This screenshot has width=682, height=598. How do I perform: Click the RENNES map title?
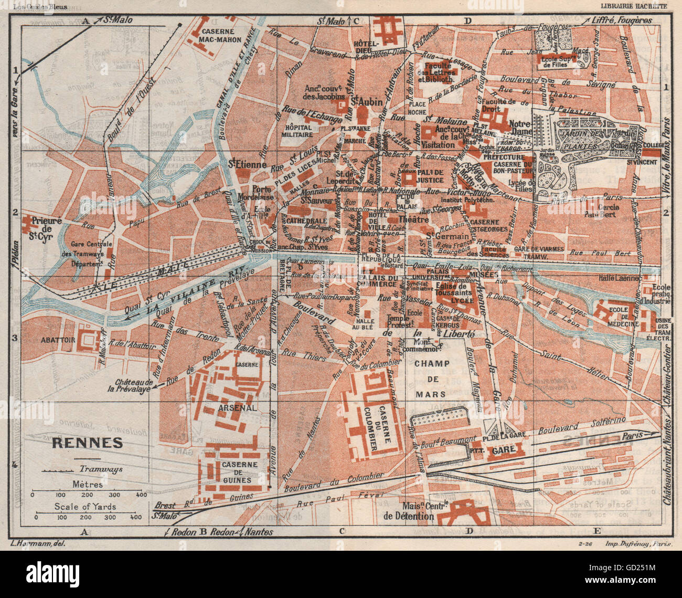tap(87, 443)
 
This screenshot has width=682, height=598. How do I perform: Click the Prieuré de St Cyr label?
tap(47, 225)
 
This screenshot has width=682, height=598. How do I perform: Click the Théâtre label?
tap(413, 219)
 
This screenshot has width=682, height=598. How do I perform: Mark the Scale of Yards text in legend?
tap(86, 507)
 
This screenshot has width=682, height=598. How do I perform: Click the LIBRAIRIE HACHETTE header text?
tap(634, 6)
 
